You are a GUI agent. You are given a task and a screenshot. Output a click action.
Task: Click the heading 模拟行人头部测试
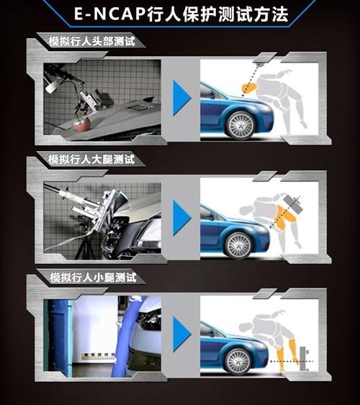tap(92, 41)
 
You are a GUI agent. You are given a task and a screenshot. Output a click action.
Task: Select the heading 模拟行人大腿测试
tap(91, 160)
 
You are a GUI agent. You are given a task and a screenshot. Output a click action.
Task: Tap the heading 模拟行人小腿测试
tap(93, 278)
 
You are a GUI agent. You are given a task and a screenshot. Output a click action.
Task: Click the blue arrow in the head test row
tap(181, 98)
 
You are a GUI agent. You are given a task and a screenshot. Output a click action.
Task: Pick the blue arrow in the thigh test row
tap(181, 217)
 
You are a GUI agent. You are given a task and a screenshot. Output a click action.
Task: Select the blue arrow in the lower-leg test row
tap(181, 334)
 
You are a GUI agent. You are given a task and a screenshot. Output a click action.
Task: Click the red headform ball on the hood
tap(81, 124)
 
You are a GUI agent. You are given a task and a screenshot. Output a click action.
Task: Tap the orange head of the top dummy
tap(249, 88)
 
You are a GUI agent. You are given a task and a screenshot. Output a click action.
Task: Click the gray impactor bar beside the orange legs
tap(302, 358)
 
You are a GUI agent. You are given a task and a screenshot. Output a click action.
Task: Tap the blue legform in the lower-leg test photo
tap(124, 336)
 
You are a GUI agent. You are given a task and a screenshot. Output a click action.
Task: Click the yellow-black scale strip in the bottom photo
tap(99, 356)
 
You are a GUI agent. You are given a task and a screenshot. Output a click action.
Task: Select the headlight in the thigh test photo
tap(151, 235)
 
